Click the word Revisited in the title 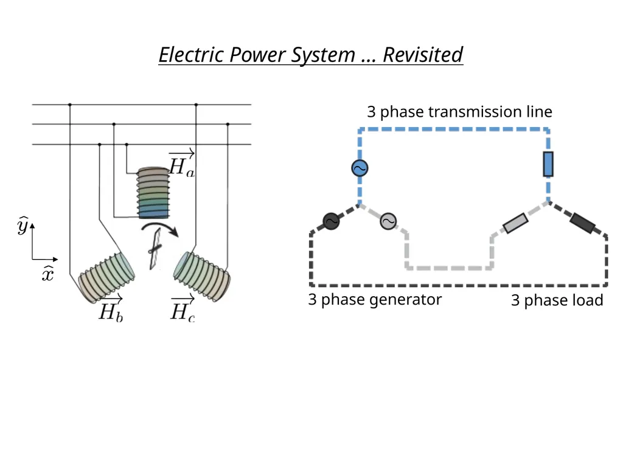click(423, 55)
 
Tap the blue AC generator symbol click(360, 168)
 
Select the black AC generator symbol click(331, 221)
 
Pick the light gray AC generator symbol click(388, 221)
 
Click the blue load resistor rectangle click(548, 164)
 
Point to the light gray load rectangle click(516, 223)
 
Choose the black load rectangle click(582, 223)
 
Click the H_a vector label click(181, 164)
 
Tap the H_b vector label click(111, 308)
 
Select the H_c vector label click(183, 308)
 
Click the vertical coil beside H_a click(153, 193)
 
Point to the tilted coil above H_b click(106, 277)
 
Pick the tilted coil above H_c click(202, 277)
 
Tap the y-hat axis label click(23, 226)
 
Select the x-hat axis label click(47, 273)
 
